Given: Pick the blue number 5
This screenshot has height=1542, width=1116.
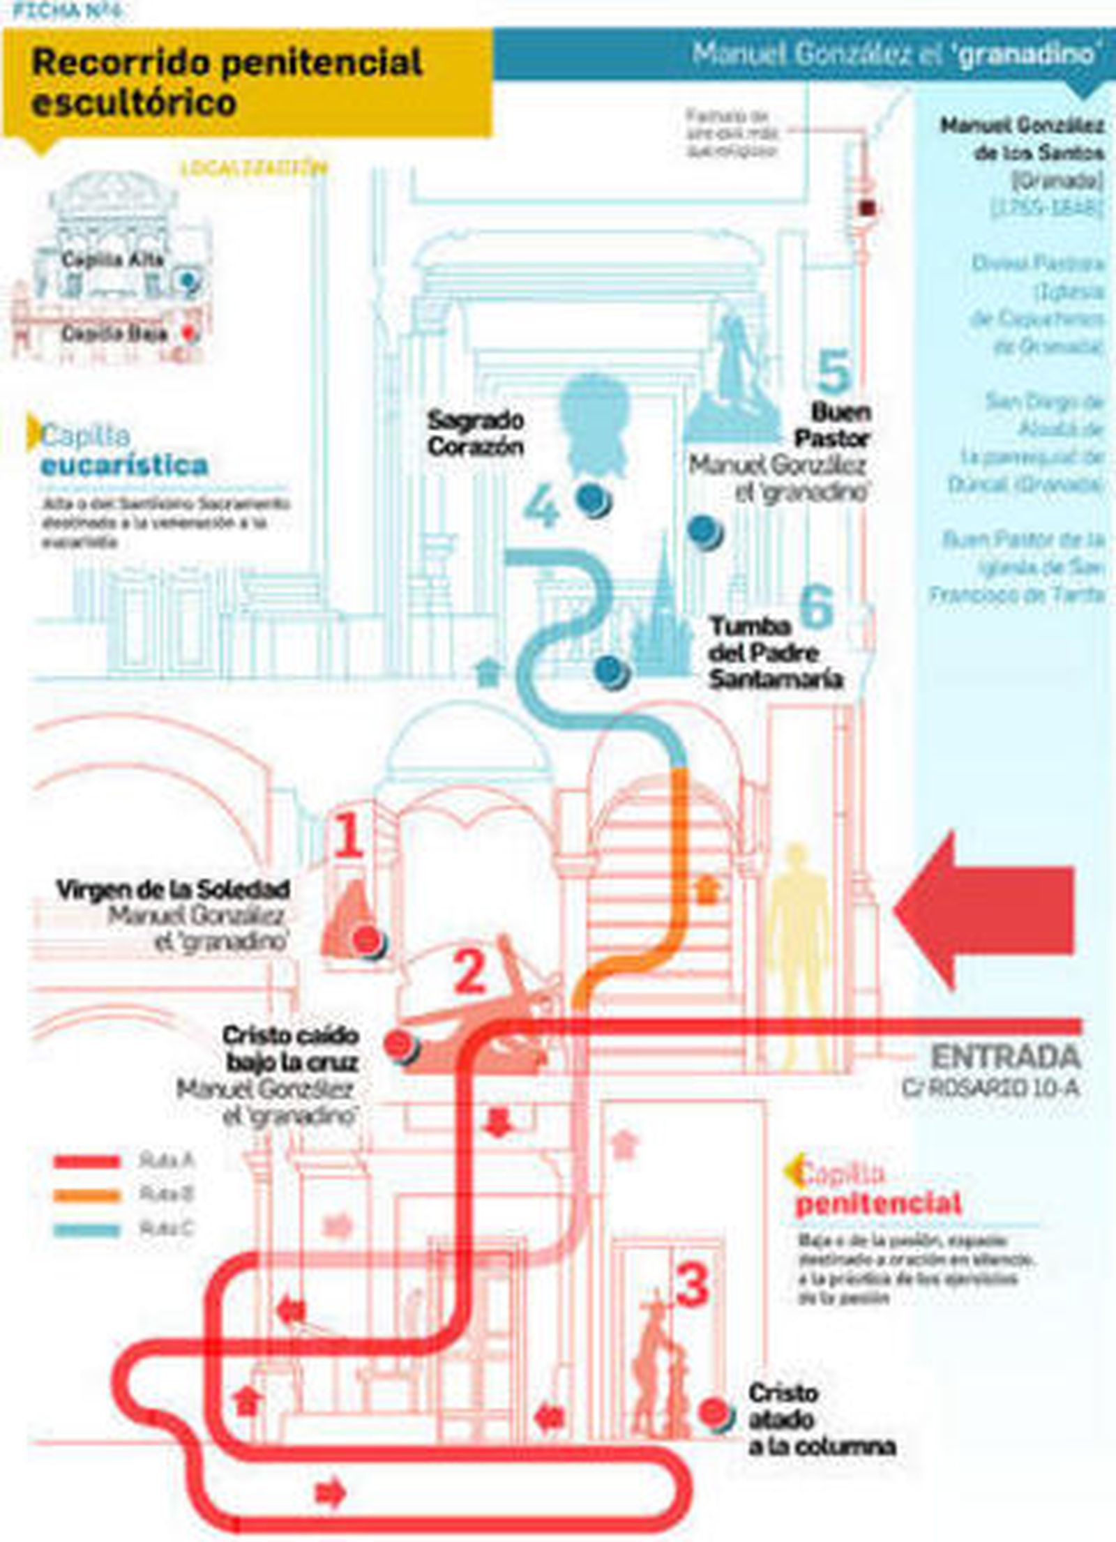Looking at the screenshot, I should click(x=834, y=371).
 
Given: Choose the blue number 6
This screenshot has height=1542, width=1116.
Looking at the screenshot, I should click(x=816, y=605).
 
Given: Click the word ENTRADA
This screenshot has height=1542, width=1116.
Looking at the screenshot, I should click(x=1005, y=1057).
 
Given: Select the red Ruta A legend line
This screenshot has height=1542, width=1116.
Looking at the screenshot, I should click(x=87, y=1161).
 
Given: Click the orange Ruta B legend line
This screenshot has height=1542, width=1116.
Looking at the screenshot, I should click(x=87, y=1195).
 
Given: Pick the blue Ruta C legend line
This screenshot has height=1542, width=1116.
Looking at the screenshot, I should click(x=87, y=1229).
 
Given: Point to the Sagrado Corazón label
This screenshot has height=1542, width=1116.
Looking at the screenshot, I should click(x=476, y=433).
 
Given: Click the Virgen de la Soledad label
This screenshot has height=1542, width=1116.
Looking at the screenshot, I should click(x=172, y=890).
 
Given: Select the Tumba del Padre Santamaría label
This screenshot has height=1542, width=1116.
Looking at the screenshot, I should click(x=774, y=653).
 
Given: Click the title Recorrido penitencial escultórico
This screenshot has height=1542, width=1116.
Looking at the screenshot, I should click(x=227, y=82).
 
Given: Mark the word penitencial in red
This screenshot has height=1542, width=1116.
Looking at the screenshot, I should click(x=879, y=1203).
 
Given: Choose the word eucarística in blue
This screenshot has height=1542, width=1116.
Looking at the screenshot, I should click(x=124, y=465).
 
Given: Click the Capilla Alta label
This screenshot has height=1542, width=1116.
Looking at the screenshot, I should click(x=112, y=259).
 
